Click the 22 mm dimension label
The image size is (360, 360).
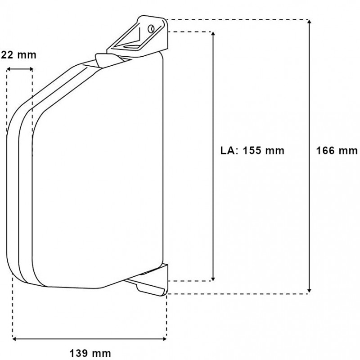pos(19,55)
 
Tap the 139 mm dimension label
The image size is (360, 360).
pos(90,353)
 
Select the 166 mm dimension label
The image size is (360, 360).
pos(337,151)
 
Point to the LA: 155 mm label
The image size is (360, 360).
pos(252,151)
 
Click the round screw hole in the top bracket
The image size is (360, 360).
pos(151,28)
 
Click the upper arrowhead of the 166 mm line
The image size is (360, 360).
pos(310,22)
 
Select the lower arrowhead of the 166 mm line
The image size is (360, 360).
pos(310,290)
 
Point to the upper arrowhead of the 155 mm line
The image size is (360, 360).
pos(213,35)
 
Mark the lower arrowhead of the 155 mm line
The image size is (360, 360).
pos(213,278)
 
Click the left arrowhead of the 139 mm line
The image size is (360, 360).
pos(15,339)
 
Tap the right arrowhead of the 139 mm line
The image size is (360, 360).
pos(164,339)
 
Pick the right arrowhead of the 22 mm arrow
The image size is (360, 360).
pos(30,69)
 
